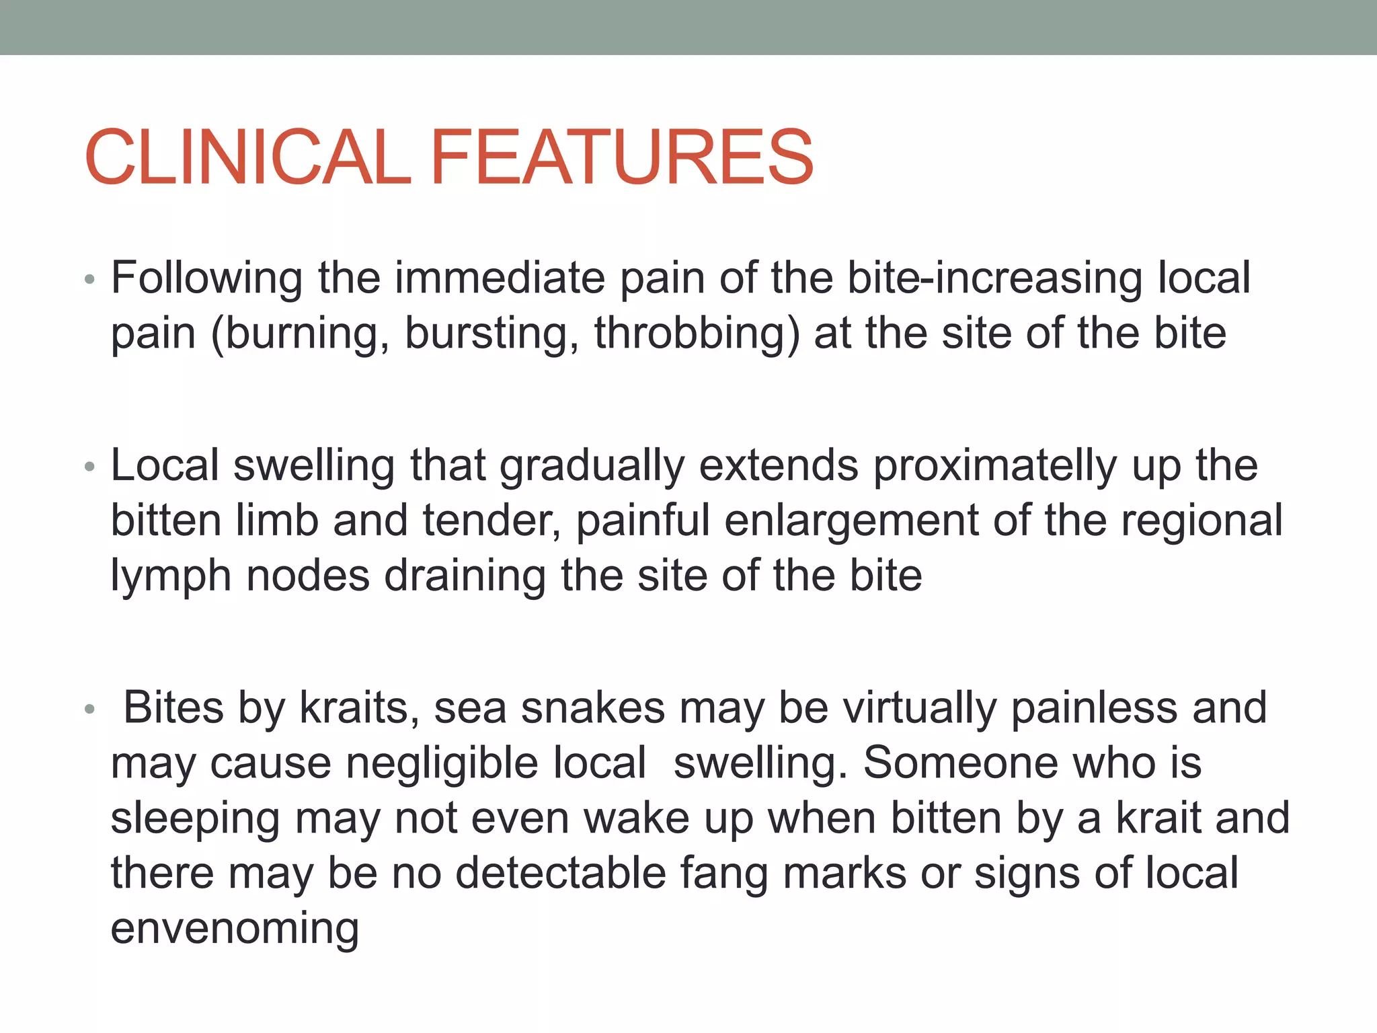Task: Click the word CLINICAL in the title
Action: click(247, 158)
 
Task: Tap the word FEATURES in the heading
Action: click(621, 158)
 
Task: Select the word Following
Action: click(207, 278)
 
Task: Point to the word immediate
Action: click(500, 278)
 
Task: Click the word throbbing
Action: click(697, 334)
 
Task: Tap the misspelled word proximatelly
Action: click(995, 465)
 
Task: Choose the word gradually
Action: click(592, 465)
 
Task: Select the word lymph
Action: click(171, 576)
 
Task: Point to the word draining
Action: click(465, 576)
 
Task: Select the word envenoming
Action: click(235, 929)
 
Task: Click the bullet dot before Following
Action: click(90, 280)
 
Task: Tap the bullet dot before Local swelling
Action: click(90, 467)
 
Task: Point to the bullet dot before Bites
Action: click(90, 710)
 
